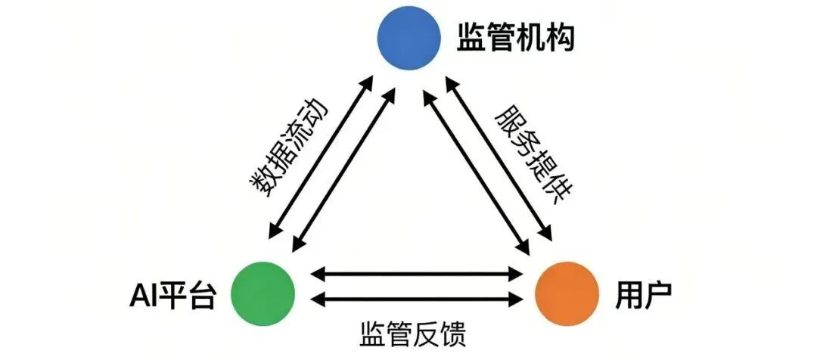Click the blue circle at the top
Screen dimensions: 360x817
pos(409,39)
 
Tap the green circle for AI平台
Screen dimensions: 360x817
pos(262,290)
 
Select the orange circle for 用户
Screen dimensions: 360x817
pos(567,290)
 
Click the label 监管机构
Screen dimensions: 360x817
pos(516,38)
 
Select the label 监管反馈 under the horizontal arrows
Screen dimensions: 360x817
pos(412,332)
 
